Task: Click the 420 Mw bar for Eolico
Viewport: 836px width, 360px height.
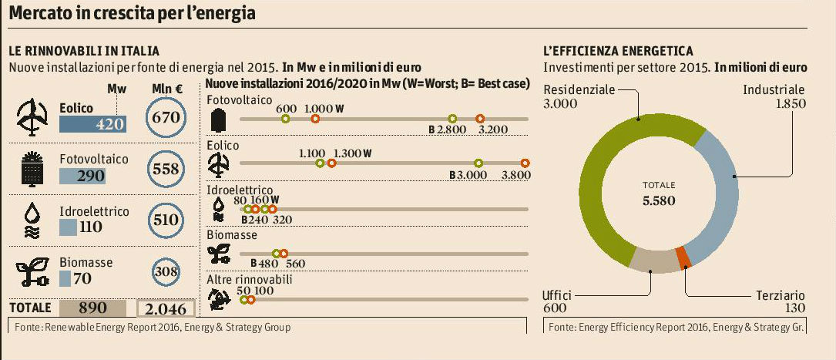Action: pyautogui.click(x=92, y=124)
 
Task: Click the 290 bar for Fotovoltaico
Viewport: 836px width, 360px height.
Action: pyautogui.click(x=82, y=177)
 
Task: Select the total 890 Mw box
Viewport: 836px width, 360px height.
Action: pyautogui.click(x=92, y=308)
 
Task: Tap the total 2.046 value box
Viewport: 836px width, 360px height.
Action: pyautogui.click(x=166, y=308)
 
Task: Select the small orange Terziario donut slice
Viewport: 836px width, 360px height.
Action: pyautogui.click(x=681, y=257)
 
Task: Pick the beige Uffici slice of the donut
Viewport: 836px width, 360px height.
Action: pyautogui.click(x=651, y=262)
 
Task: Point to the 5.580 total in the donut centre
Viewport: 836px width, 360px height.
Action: pyautogui.click(x=659, y=201)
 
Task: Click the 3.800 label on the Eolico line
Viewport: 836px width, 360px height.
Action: pyautogui.click(x=515, y=175)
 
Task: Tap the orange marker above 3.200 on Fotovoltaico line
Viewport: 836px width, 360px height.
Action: pyautogui.click(x=480, y=118)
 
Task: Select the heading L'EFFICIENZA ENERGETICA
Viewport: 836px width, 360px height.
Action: pyautogui.click(x=618, y=51)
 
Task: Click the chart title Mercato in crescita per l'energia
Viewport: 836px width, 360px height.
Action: pyautogui.click(x=133, y=14)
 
